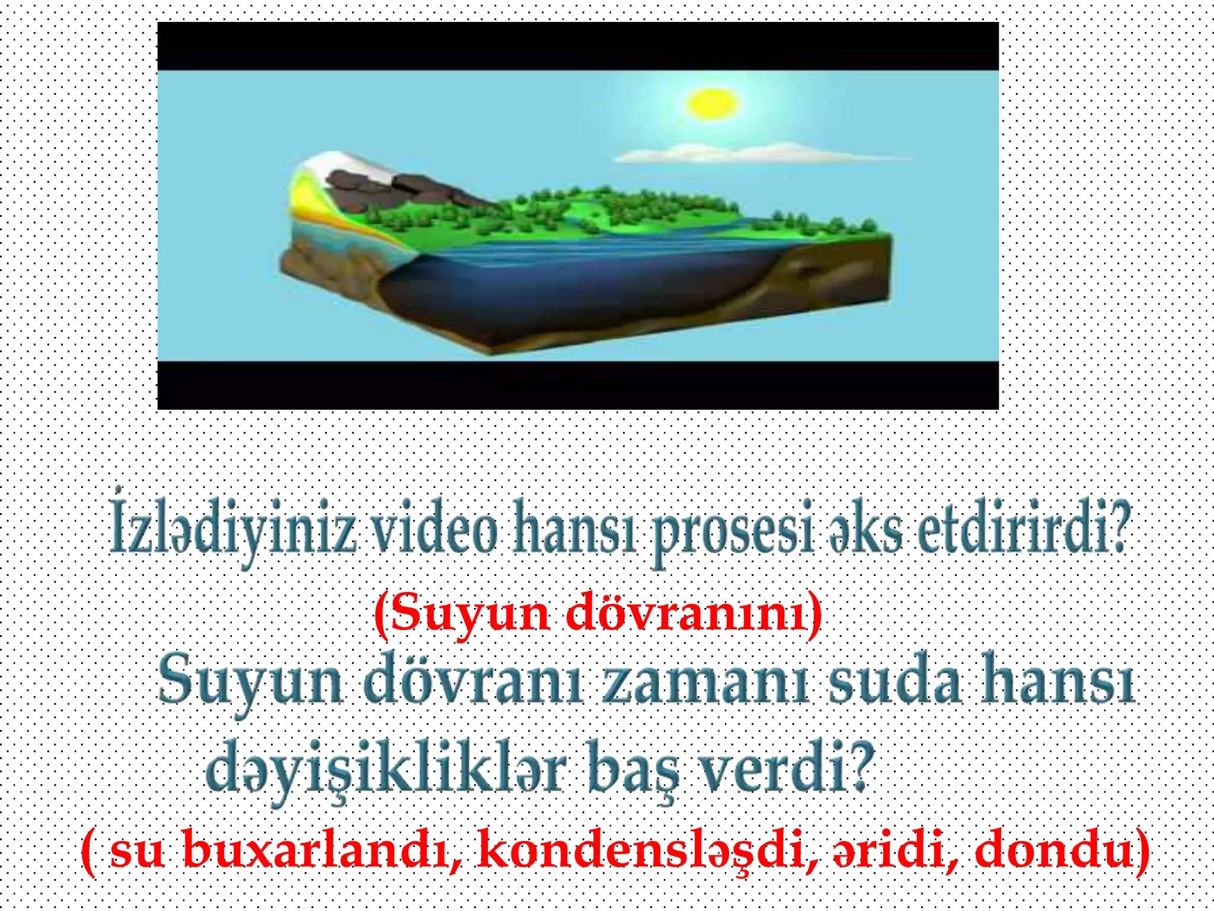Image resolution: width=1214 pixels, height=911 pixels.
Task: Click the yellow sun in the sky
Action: pos(712,104)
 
